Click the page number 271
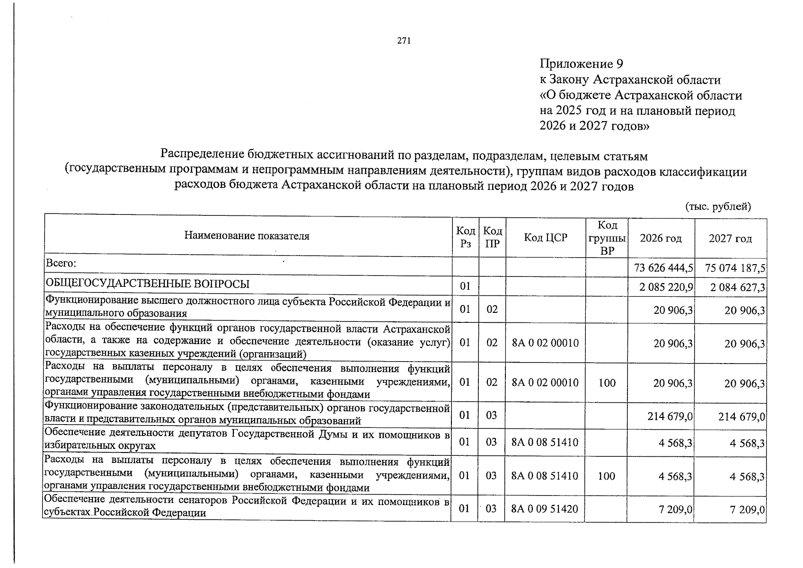point(404,41)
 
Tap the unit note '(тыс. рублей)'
point(718,206)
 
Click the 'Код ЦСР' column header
point(545,238)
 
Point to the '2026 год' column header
point(661,238)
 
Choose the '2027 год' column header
point(730,239)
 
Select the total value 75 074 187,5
point(735,268)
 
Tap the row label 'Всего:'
point(61,262)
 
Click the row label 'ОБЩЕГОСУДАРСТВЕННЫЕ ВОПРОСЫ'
point(147,284)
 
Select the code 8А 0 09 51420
point(545,509)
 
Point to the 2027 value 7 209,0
point(747,510)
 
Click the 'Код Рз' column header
point(466,237)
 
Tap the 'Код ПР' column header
point(493,238)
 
